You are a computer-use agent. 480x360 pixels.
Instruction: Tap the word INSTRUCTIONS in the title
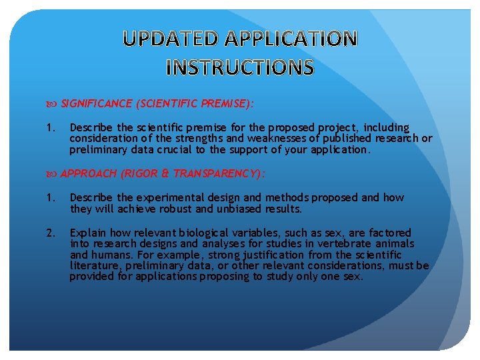(x=240, y=67)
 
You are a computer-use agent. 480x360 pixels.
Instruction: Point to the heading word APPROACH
(x=89, y=173)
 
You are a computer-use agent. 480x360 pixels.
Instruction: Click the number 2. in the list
(x=51, y=233)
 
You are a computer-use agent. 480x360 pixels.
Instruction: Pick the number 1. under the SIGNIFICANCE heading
(x=51, y=127)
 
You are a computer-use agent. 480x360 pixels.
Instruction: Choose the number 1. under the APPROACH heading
(x=51, y=197)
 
